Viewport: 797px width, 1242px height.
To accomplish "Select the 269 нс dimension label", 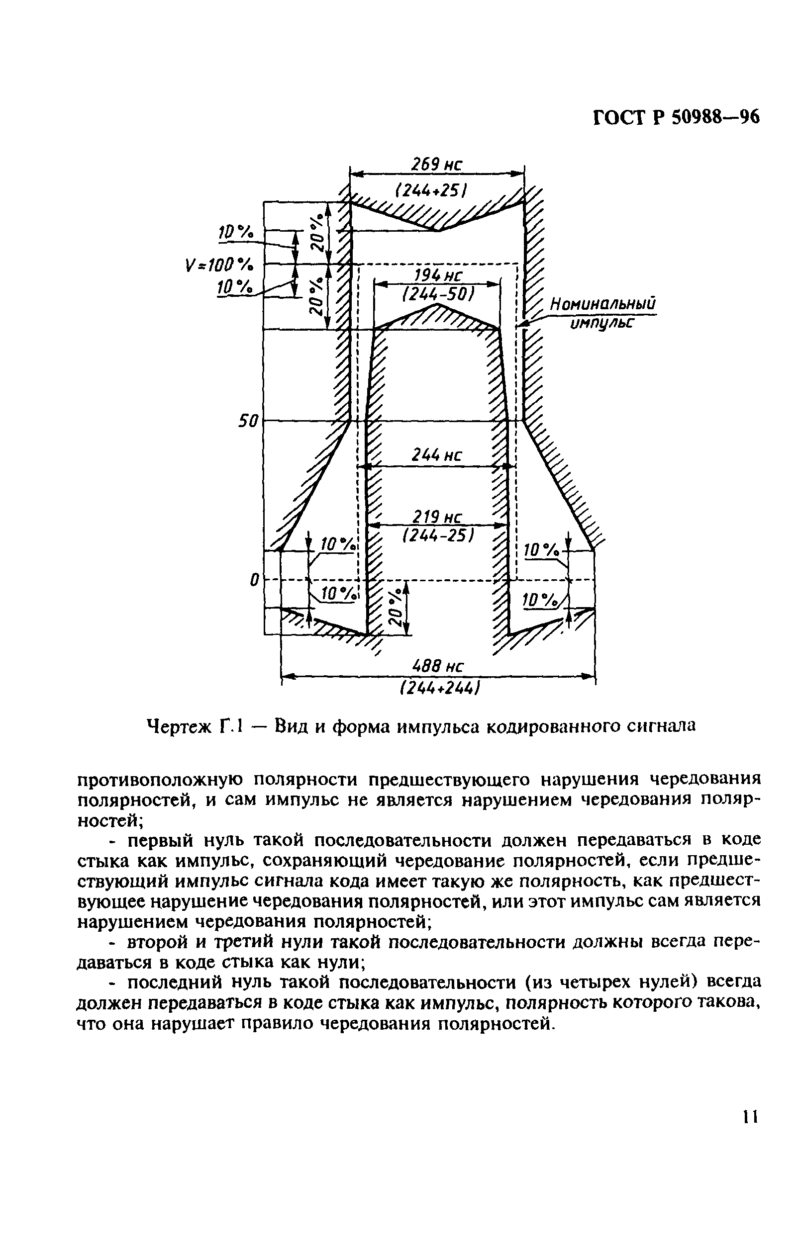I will [x=436, y=165].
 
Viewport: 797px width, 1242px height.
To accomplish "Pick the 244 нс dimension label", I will [x=436, y=455].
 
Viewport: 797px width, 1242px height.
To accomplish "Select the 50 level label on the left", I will [x=247, y=422].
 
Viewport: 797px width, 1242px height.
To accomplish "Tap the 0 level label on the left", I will [x=254, y=580].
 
